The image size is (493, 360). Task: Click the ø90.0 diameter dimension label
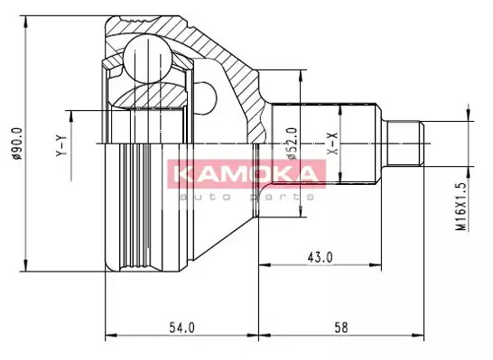(x=16, y=143)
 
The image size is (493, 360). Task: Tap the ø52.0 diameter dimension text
(x=292, y=143)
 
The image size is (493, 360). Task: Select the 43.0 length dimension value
(x=320, y=257)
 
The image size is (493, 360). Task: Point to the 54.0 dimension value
(x=181, y=328)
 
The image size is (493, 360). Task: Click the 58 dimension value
(x=341, y=328)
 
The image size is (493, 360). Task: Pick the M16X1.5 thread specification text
(x=460, y=206)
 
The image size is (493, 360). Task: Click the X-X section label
(x=332, y=143)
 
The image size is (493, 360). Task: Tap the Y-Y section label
(x=61, y=146)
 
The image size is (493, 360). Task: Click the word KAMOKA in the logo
(x=246, y=174)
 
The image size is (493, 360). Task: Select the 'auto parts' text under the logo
(x=246, y=197)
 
